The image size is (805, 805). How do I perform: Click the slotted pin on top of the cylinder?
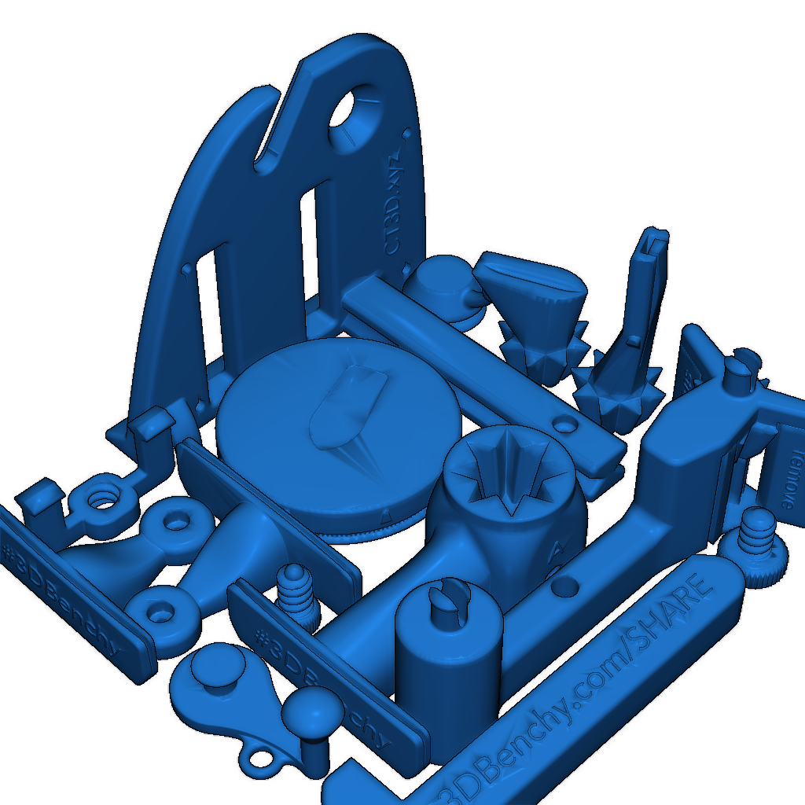tap(450, 606)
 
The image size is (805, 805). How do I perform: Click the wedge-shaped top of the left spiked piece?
tap(531, 279)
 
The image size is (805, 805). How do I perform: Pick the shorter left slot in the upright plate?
tap(209, 303)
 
